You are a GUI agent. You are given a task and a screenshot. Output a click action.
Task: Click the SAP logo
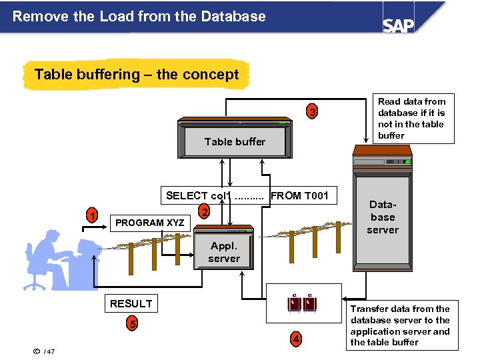(398, 25)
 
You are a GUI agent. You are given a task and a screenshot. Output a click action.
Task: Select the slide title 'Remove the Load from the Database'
(139, 17)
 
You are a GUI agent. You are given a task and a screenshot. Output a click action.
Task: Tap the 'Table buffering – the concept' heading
(136, 75)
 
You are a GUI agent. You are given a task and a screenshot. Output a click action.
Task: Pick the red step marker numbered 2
(205, 211)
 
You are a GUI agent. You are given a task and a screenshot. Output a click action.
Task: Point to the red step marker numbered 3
(311, 111)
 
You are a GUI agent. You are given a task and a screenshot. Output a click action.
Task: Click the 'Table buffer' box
(235, 141)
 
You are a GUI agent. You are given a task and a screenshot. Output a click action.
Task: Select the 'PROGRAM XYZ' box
(149, 223)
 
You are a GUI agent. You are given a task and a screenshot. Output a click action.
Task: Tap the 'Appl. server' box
(224, 252)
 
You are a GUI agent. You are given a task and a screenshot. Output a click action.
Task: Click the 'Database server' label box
(383, 217)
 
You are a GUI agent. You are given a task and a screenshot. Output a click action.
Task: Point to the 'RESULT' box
(131, 303)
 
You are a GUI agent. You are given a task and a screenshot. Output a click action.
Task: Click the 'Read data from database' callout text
(411, 119)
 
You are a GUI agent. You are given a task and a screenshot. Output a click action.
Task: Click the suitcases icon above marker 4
(302, 303)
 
